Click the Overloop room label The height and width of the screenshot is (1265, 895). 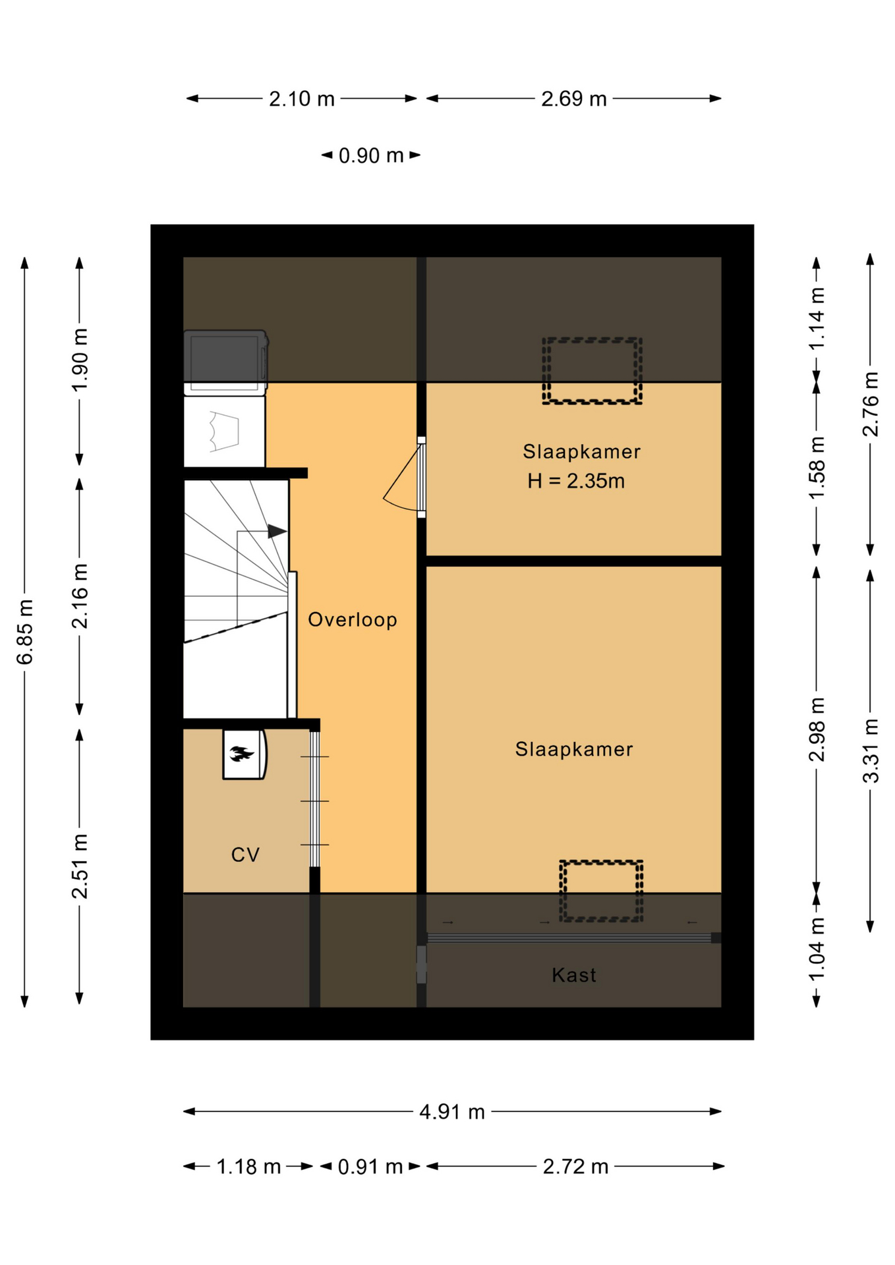(x=353, y=620)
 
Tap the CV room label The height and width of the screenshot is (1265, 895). (x=245, y=855)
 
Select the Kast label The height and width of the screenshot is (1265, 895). (x=573, y=974)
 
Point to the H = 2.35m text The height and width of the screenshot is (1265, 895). (x=576, y=481)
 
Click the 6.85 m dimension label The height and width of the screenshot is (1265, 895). (x=24, y=632)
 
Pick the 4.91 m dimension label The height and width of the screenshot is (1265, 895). (x=452, y=1111)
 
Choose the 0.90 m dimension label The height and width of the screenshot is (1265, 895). (x=370, y=155)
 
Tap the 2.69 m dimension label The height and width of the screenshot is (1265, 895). (x=573, y=99)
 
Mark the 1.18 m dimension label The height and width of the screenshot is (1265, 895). (x=248, y=1166)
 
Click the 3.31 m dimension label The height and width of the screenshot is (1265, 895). (x=871, y=750)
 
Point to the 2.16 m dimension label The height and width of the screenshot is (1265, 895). (x=79, y=596)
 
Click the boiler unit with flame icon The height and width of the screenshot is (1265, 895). (x=245, y=754)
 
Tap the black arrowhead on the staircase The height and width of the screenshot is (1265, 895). (x=277, y=531)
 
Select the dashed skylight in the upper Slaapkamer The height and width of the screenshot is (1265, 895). (x=592, y=371)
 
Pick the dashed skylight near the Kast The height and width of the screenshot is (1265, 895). (x=601, y=891)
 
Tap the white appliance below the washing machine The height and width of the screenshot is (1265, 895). (x=224, y=431)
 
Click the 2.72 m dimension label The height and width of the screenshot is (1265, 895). (x=575, y=1166)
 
